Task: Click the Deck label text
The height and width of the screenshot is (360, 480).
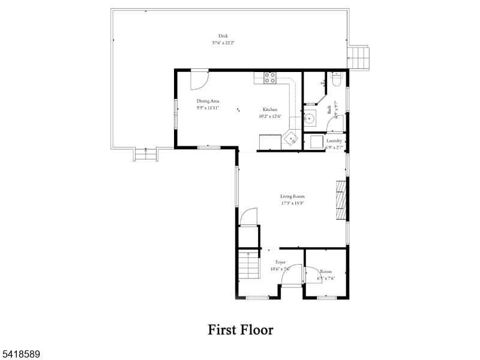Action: point(223,35)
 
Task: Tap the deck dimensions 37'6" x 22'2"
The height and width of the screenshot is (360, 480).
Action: point(223,43)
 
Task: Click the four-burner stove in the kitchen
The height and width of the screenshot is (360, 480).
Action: point(270,77)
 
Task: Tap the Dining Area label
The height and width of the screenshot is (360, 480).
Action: point(208,101)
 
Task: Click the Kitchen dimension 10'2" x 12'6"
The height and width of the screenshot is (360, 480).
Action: point(270,116)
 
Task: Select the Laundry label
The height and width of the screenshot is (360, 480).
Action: point(334,141)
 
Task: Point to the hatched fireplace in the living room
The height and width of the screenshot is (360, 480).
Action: point(341,199)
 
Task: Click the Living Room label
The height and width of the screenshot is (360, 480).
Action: point(292,196)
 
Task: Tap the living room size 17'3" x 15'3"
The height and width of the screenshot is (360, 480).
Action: point(292,203)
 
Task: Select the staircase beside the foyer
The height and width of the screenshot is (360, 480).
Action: point(248,266)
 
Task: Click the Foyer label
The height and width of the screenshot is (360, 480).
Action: point(280,263)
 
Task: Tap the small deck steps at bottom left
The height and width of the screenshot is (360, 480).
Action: point(146,154)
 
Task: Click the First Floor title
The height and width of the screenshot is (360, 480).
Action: point(241,330)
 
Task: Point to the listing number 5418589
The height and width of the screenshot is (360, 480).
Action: point(21,355)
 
